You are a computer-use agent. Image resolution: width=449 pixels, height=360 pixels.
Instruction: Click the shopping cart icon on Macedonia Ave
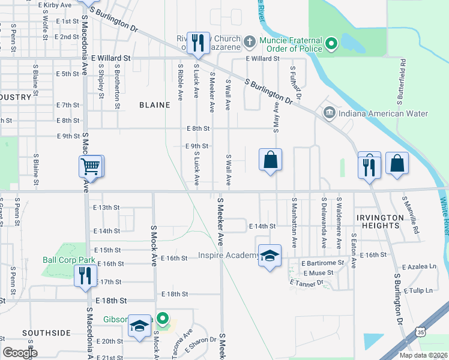coord(90,166)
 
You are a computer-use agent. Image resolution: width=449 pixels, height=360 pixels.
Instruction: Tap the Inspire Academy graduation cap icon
coord(270,256)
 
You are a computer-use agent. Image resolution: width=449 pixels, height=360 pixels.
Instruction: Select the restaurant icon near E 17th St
coord(84,275)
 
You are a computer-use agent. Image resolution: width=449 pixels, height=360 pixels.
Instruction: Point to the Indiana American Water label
coord(382,113)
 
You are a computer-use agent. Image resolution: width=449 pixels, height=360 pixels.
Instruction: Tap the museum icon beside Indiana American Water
coord(329,113)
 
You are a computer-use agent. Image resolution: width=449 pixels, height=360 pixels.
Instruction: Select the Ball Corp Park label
coord(70,260)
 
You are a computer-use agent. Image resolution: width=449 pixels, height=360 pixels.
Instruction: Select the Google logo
coord(20,352)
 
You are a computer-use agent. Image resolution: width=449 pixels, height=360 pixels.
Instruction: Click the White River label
coord(443,216)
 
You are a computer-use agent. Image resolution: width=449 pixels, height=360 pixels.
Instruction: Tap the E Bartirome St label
coord(323,263)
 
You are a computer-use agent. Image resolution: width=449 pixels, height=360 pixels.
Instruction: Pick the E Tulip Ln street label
coord(418,290)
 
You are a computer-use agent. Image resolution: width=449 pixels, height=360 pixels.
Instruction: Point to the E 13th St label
coord(107,207)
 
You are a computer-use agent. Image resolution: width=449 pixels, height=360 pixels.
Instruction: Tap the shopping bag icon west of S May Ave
coord(270,160)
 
